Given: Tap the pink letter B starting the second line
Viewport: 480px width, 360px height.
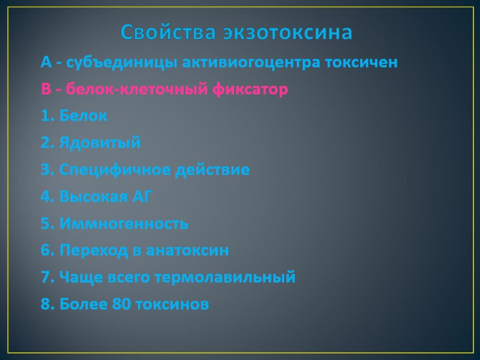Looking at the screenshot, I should [x=46, y=89].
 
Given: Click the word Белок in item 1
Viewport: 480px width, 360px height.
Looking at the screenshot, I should [x=83, y=116].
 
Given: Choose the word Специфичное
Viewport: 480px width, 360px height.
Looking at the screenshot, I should [x=115, y=170].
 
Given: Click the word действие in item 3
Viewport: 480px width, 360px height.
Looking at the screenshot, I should [x=212, y=170].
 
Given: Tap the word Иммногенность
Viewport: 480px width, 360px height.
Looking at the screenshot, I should [x=124, y=224].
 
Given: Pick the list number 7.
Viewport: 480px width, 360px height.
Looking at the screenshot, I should [x=46, y=278].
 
